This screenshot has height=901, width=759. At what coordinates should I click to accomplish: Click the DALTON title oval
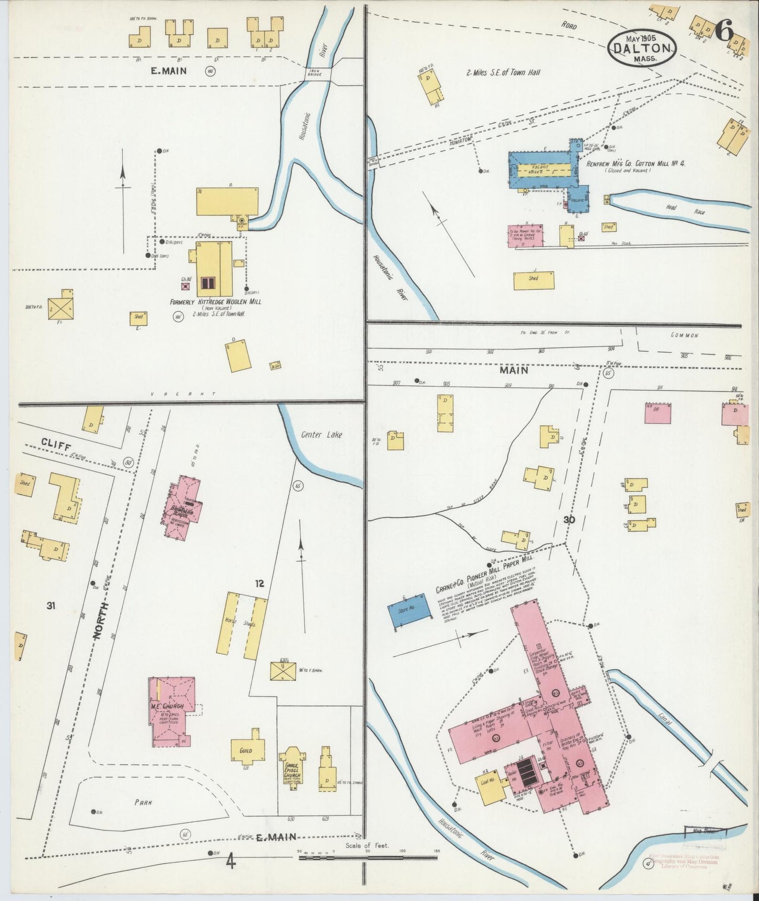point(642,48)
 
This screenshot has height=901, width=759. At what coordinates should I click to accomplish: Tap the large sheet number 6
point(724,33)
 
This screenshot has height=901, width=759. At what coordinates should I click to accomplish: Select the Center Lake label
point(321,435)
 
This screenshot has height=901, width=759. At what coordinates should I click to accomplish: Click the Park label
point(143,802)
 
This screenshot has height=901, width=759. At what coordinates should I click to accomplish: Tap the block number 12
point(259,583)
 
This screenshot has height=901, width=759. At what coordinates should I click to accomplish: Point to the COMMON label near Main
point(684,335)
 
